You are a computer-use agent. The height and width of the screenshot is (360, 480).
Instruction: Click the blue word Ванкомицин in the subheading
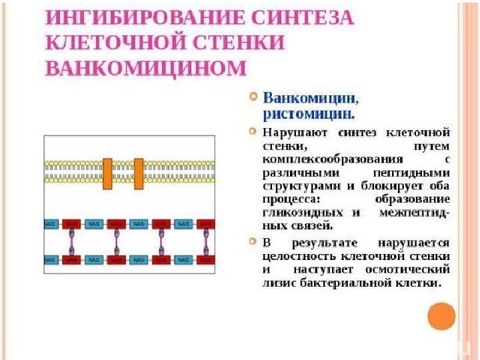311,98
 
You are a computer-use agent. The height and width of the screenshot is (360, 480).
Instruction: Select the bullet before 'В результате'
252,241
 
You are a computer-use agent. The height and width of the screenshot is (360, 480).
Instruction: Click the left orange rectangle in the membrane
107,173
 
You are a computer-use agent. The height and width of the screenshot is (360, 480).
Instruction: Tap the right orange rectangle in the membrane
139,173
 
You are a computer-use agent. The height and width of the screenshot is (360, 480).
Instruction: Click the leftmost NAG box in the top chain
50,224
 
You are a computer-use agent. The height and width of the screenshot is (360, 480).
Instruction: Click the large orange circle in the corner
441,316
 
